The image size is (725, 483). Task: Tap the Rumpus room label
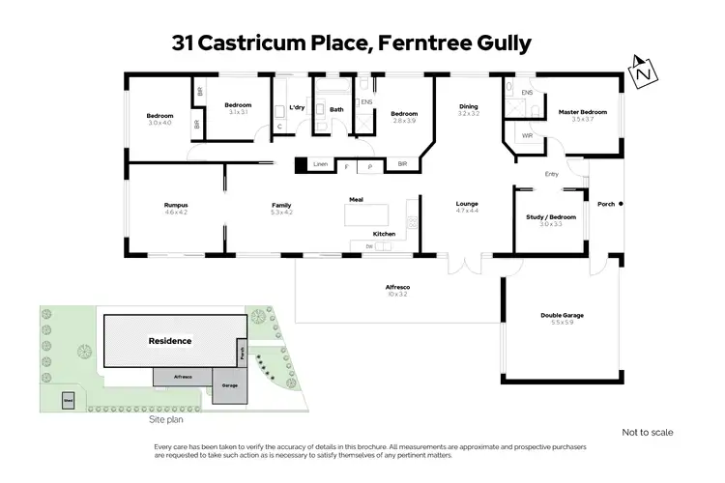point(175,206)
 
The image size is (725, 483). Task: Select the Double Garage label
point(561,316)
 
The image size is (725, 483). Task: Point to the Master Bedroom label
point(583,113)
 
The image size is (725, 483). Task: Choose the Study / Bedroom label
point(550,217)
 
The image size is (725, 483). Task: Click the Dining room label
point(468,107)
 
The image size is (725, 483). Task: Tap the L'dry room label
point(297,107)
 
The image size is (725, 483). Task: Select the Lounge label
point(468,204)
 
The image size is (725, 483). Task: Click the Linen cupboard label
point(321,165)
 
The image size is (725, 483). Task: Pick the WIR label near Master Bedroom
point(527,135)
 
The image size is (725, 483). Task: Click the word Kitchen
point(384,235)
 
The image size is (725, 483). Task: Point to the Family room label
point(281,206)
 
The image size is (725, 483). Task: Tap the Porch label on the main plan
point(606,204)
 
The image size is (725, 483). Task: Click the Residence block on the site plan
point(169,341)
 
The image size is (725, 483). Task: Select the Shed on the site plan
point(69,399)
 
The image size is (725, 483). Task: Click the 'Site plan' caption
point(165,420)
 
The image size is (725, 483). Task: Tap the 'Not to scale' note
point(647,432)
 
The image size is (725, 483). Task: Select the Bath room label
point(336,109)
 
